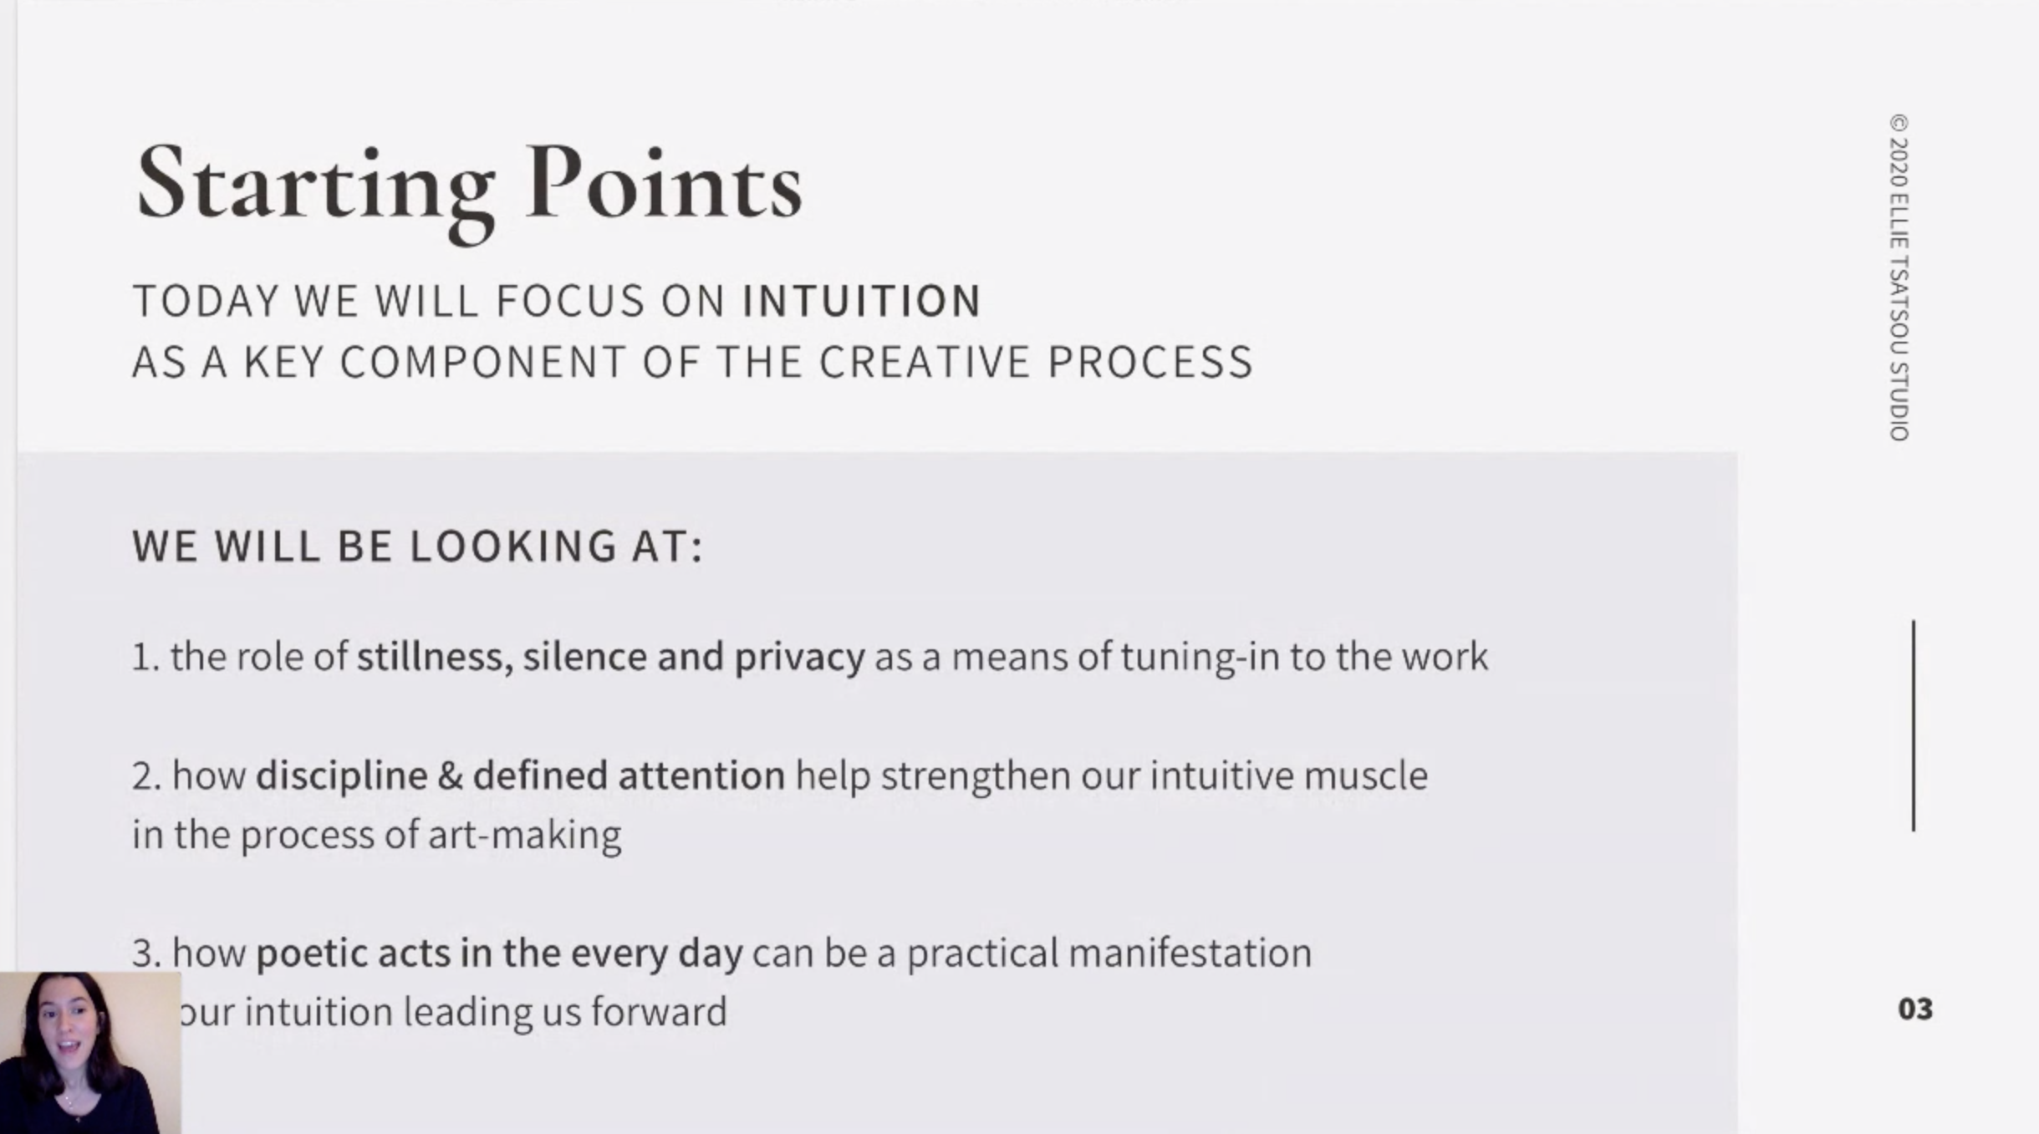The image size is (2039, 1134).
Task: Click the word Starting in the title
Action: [x=315, y=191]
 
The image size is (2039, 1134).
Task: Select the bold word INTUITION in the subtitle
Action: [x=862, y=301]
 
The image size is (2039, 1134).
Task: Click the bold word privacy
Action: [x=799, y=658]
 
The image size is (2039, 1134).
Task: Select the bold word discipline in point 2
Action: [x=342, y=776]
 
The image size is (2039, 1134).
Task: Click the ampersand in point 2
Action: [x=450, y=776]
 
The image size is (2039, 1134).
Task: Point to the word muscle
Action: [x=1365, y=775]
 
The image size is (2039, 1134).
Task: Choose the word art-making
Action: [x=525, y=836]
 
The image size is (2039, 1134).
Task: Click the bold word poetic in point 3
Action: [x=312, y=953]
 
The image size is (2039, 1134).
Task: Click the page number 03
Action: [x=1915, y=1009]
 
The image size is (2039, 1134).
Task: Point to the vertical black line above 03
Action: [x=1914, y=725]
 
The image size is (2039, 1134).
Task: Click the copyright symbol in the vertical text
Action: [x=1899, y=124]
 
